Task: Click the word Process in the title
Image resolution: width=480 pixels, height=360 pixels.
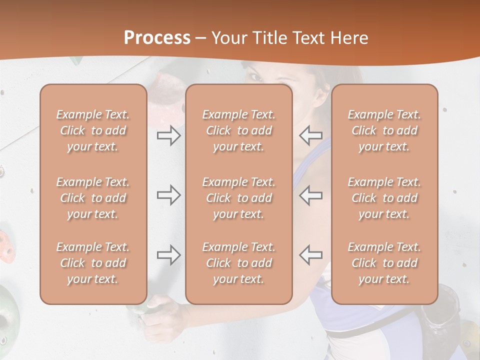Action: tap(157, 38)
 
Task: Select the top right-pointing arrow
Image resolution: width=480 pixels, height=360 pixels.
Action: tap(168, 135)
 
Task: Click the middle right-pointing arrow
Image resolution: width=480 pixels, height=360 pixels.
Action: tap(168, 195)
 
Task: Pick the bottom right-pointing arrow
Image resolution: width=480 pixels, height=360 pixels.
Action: tap(168, 255)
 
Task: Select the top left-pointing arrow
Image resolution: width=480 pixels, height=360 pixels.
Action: tap(310, 135)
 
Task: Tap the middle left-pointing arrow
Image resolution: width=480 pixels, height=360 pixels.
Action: tap(310, 195)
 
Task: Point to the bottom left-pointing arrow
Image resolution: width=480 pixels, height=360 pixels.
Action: tap(310, 255)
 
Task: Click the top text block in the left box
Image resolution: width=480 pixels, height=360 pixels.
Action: tap(93, 130)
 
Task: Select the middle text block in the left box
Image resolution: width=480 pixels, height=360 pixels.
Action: tap(93, 198)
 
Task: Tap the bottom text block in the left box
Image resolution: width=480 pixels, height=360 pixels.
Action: tap(93, 263)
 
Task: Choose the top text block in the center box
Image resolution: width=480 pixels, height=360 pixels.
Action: tap(239, 130)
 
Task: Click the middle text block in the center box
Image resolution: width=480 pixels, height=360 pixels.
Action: tap(239, 198)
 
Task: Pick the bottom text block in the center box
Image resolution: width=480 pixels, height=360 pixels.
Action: tap(239, 263)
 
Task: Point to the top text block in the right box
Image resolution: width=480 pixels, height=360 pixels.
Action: tap(384, 130)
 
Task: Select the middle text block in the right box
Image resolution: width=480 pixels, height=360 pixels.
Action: tap(384, 198)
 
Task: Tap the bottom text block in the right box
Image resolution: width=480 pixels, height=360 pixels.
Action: tap(384, 263)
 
